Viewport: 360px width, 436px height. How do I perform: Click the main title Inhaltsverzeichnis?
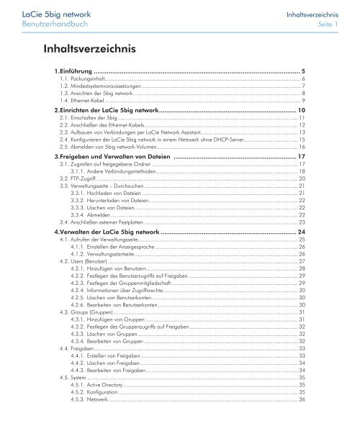coord(92,49)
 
